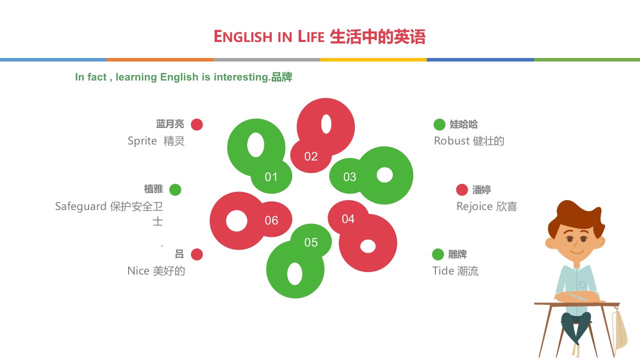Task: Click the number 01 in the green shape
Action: click(x=271, y=177)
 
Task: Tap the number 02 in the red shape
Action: click(x=311, y=156)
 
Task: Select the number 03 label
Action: click(x=350, y=177)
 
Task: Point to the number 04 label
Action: click(x=348, y=219)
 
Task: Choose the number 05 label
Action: click(x=311, y=242)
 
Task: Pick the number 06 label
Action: click(x=271, y=220)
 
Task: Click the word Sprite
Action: click(x=142, y=141)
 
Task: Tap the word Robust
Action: click(x=452, y=140)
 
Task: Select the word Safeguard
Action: click(x=81, y=206)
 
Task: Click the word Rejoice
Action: click(x=474, y=206)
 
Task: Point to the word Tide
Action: click(x=443, y=270)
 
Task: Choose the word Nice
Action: click(x=138, y=270)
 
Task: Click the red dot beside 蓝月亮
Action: click(x=197, y=124)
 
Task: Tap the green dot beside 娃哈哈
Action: click(x=439, y=124)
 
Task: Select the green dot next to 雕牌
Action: click(x=438, y=254)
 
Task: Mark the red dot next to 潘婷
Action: click(x=462, y=190)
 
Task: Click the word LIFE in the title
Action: click(x=311, y=36)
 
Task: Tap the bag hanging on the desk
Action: click(x=619, y=328)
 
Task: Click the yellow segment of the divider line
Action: click(x=373, y=59)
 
